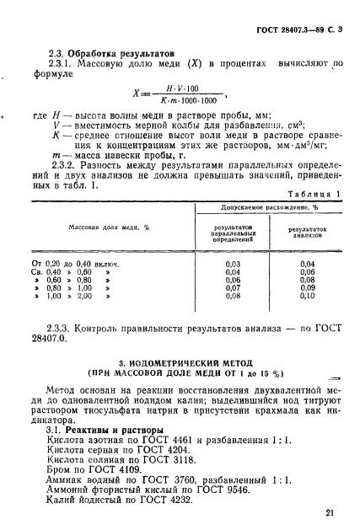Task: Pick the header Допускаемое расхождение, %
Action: pyautogui.click(x=268, y=206)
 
